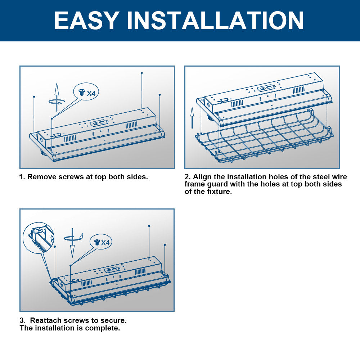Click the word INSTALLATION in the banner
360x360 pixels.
click(215, 21)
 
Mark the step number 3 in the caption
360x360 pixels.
click(22, 320)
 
